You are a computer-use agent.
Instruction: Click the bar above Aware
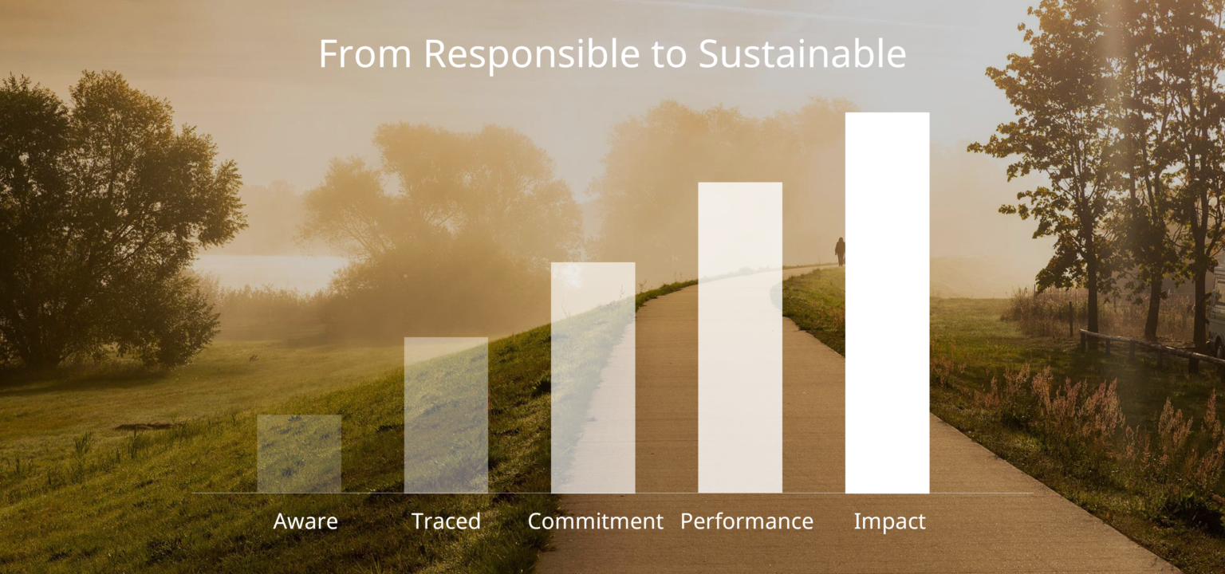click(299, 454)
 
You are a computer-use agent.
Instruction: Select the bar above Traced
click(446, 415)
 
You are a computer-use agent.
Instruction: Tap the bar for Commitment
click(593, 378)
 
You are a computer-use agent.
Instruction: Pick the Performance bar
click(740, 338)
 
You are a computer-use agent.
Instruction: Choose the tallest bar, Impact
click(887, 303)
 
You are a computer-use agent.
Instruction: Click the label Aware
click(305, 521)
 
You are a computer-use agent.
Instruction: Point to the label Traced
click(446, 521)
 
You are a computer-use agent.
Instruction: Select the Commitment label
click(595, 521)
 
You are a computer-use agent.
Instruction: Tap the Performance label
click(746, 521)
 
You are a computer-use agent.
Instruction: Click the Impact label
click(889, 521)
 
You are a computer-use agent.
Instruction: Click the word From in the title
click(365, 54)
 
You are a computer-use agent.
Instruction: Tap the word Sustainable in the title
click(802, 54)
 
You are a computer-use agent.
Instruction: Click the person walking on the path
click(840, 250)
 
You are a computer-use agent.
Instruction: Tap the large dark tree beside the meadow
click(104, 223)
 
